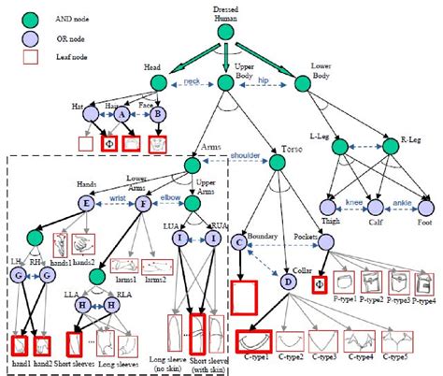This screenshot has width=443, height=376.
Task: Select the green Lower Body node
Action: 301,83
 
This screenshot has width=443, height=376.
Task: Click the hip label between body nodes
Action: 264,81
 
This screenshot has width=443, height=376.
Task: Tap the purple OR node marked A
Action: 122,114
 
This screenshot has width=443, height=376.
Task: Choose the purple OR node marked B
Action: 158,114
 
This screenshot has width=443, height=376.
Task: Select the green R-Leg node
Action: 401,148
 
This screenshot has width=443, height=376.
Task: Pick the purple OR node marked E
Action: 86,201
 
